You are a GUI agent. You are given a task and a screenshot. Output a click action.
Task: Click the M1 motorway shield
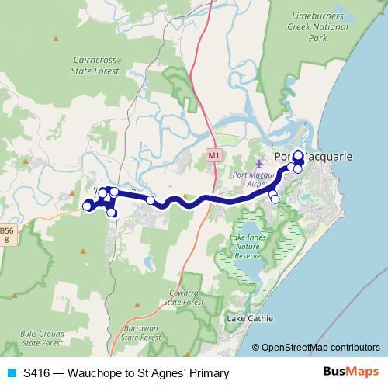tap(213, 156)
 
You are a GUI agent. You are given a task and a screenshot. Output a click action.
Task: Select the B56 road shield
tap(7, 235)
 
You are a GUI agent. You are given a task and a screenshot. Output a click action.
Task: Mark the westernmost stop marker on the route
tap(87, 206)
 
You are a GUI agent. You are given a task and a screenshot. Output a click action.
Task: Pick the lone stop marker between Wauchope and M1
tap(151, 200)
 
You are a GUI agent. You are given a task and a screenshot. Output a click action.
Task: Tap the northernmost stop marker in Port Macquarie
tap(298, 153)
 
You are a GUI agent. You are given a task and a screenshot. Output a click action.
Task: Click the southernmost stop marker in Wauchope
tap(112, 213)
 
